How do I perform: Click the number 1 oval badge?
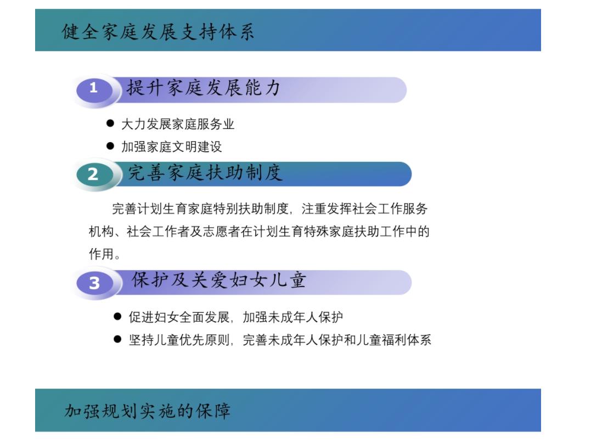pos(94,90)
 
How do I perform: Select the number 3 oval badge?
pos(94,283)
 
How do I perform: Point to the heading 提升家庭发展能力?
pos(203,88)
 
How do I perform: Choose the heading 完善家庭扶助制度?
pos(205,173)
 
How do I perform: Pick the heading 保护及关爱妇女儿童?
pos(218,280)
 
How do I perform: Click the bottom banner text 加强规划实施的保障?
pos(148,411)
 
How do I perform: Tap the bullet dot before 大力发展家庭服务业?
pos(110,123)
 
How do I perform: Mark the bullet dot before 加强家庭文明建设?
pos(110,145)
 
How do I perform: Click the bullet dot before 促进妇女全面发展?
pos(117,316)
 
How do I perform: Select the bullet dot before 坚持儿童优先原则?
pos(117,339)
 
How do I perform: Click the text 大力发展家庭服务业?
pos(178,124)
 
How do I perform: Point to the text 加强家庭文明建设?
pos(172,147)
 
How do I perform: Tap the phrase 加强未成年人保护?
pos(293,317)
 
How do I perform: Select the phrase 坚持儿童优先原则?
pos(179,340)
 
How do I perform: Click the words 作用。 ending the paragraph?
pos(105,254)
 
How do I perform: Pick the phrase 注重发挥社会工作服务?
pos(364,209)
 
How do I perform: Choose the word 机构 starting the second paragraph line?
pos(102,232)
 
